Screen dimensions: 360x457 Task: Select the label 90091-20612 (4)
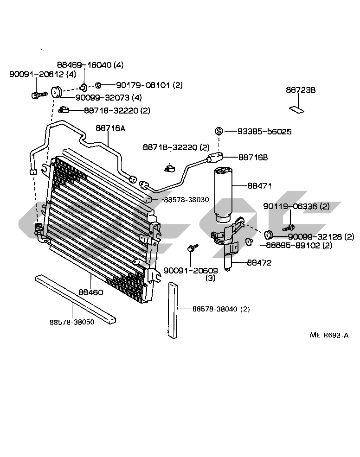[x=43, y=74]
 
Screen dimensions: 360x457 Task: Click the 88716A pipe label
[x=110, y=128]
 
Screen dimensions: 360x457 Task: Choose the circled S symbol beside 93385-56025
[x=219, y=131]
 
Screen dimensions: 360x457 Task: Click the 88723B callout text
[x=301, y=90]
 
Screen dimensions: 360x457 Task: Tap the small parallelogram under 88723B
[x=297, y=110]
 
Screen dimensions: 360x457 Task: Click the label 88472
[x=259, y=263]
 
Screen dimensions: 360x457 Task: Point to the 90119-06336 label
[x=296, y=206]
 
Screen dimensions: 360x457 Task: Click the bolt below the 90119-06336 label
[x=289, y=228]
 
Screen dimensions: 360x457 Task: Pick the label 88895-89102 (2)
[x=299, y=245]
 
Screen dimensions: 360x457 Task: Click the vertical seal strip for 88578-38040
[x=173, y=310]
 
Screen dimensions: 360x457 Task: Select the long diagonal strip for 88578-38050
[x=75, y=299]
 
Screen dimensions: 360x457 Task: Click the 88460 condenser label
[x=91, y=292]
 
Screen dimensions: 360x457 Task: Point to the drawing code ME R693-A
[x=329, y=335]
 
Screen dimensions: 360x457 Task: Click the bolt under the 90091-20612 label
[x=39, y=95]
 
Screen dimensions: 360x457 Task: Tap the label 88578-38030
[x=186, y=200]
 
